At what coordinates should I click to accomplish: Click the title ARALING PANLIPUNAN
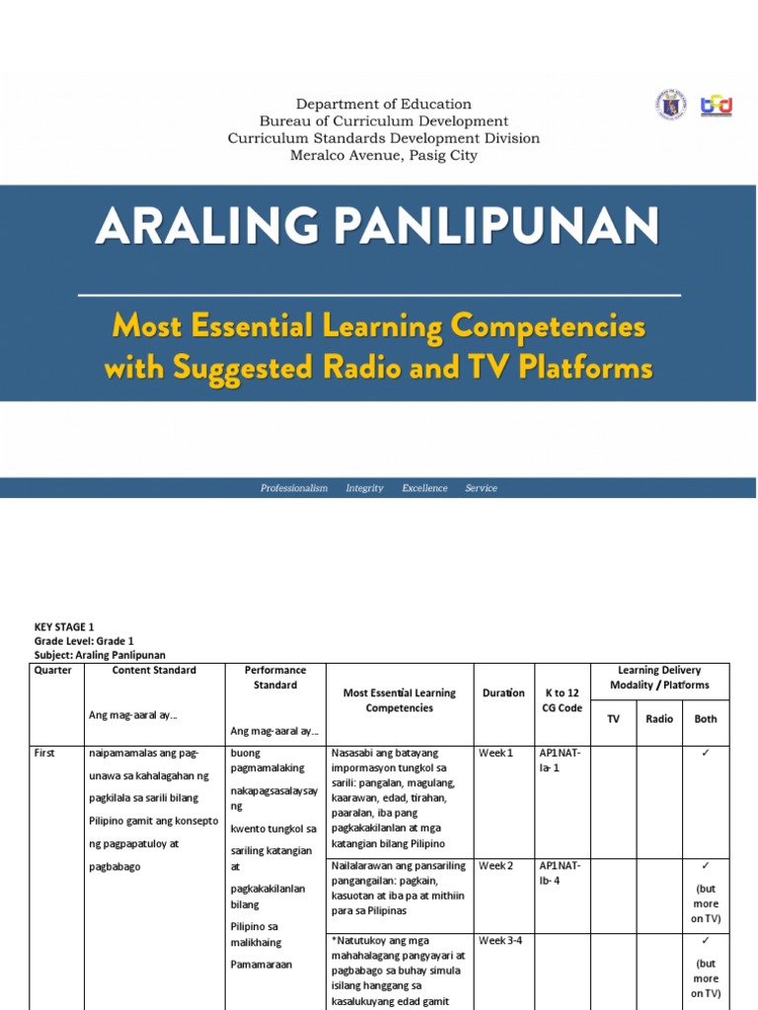tap(377, 229)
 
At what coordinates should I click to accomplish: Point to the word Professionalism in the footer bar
tap(294, 488)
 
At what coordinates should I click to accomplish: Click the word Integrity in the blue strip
tap(364, 488)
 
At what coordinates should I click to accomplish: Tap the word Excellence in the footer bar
tap(424, 488)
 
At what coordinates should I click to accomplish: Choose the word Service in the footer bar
tap(481, 488)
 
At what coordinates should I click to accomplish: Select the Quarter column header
tap(53, 671)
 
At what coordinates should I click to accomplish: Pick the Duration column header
tap(503, 692)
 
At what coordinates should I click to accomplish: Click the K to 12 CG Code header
tap(563, 700)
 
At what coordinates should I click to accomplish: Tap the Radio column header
tap(659, 719)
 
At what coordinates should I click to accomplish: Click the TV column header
tap(613, 719)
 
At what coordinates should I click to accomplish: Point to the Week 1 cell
tap(495, 754)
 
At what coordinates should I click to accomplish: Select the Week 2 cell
tap(495, 866)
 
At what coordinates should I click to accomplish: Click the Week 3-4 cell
tap(500, 941)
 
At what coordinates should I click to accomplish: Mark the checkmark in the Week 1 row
tap(706, 754)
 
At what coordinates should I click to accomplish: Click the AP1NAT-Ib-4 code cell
tap(561, 873)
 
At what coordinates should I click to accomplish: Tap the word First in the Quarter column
tap(45, 754)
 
